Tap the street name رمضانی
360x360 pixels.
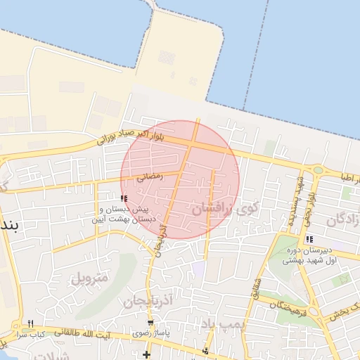coord(149,176)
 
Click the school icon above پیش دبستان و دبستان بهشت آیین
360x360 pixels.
coord(124,199)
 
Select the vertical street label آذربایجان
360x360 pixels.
coord(161,239)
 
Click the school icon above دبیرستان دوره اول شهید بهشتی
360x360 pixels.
coord(309,239)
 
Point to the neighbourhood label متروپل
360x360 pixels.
coord(90,278)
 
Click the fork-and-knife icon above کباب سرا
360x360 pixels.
coord(30,323)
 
